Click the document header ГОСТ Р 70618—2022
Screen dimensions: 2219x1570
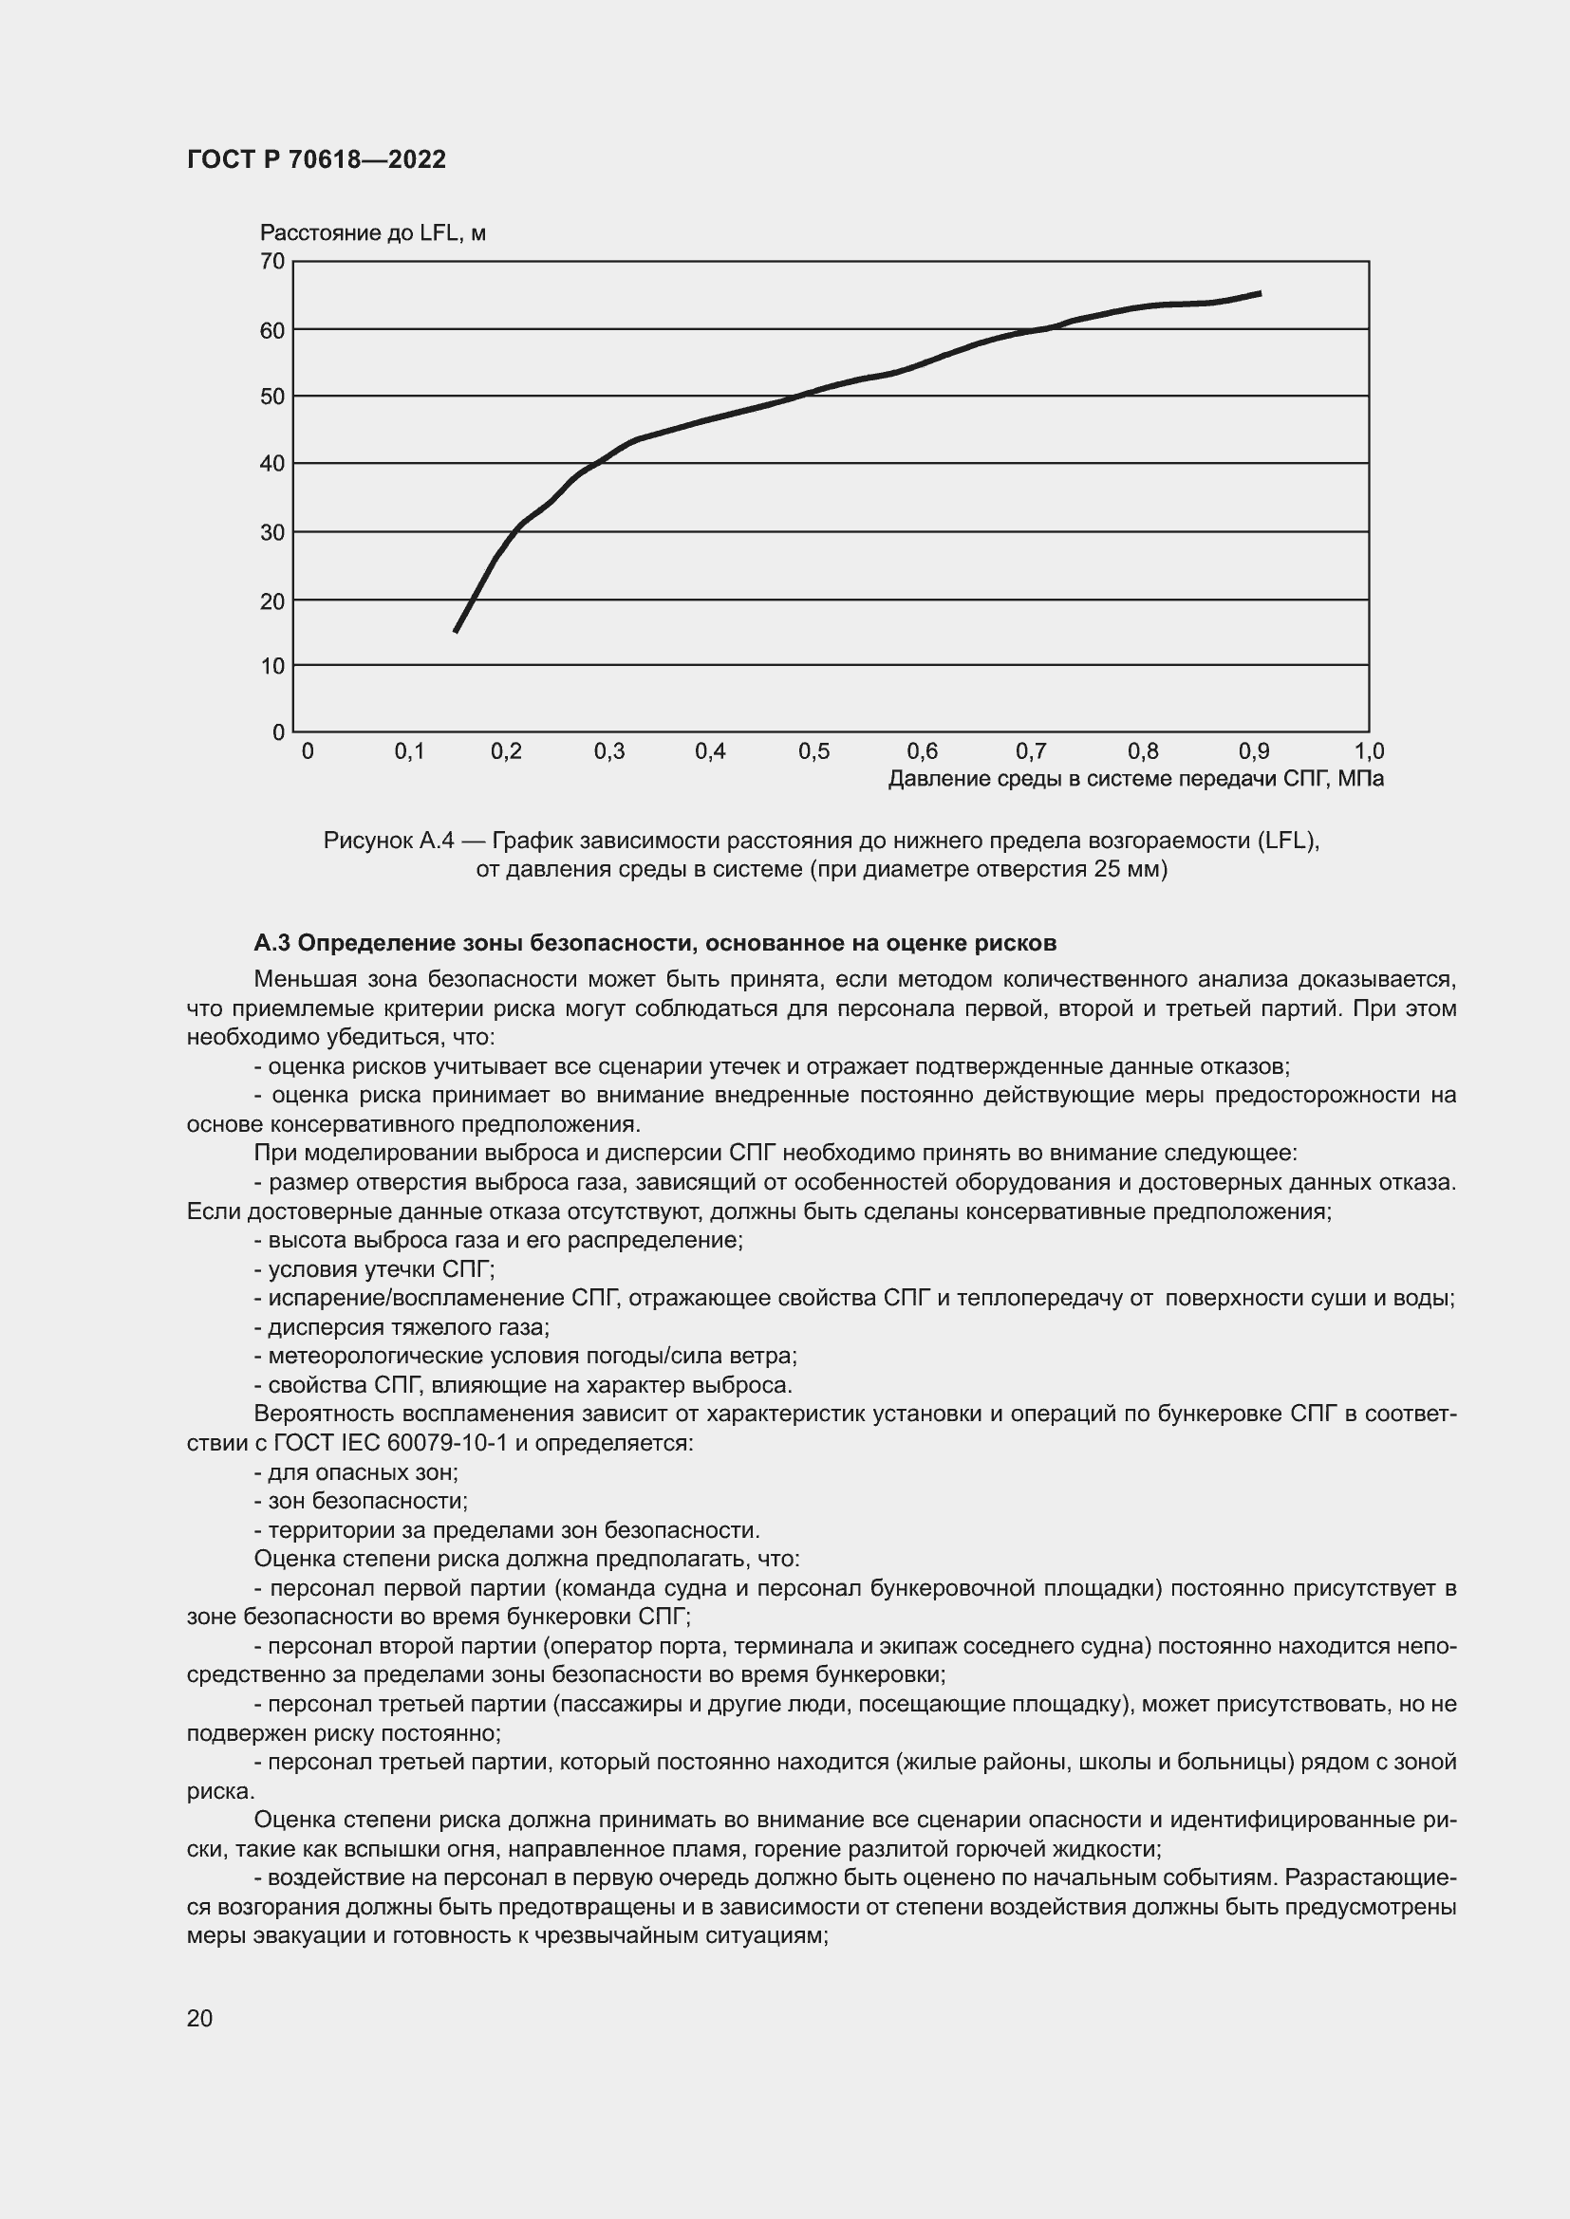[x=316, y=159]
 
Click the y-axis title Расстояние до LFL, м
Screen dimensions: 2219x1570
[x=372, y=233]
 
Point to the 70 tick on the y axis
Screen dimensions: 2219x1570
[x=272, y=261]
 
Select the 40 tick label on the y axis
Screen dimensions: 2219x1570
[x=272, y=464]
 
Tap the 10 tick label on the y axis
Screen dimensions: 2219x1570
[x=272, y=666]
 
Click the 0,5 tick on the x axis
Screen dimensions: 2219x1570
[x=813, y=752]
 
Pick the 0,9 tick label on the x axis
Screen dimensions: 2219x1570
[x=1254, y=752]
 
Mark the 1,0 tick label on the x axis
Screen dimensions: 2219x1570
[x=1369, y=752]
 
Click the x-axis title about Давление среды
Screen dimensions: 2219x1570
[x=1135, y=779]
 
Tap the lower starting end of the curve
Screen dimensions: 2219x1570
[x=456, y=631]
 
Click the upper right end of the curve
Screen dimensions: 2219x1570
[x=1260, y=293]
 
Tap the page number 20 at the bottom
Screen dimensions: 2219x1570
[x=199, y=2019]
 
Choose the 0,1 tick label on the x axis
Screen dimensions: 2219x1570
[x=409, y=752]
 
